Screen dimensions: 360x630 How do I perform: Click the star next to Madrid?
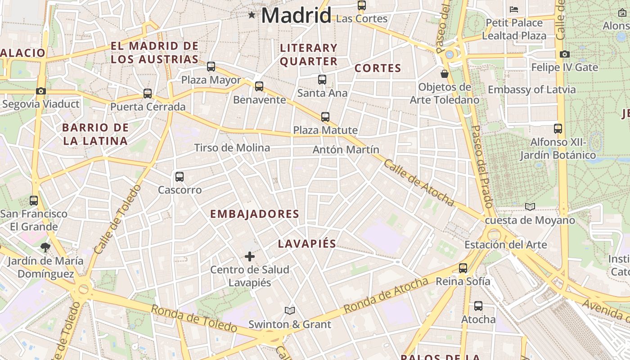click(x=252, y=15)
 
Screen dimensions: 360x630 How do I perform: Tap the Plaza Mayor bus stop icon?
click(x=211, y=67)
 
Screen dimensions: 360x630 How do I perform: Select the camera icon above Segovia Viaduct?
click(x=41, y=91)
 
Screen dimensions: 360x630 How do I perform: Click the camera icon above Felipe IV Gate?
click(x=565, y=54)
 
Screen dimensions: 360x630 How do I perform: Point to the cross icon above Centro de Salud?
click(x=250, y=256)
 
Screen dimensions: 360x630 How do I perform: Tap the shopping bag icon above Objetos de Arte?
click(x=445, y=73)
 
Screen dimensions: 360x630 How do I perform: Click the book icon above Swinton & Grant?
click(x=290, y=310)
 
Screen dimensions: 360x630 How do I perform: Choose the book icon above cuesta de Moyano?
click(x=530, y=207)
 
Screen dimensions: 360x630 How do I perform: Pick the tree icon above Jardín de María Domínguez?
click(x=45, y=247)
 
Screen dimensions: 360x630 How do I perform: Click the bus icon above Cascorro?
click(x=180, y=176)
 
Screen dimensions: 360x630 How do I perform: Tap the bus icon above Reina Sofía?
click(x=463, y=268)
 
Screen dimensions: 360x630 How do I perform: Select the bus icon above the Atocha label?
click(x=478, y=306)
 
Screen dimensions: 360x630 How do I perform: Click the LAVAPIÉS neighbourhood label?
click(x=307, y=244)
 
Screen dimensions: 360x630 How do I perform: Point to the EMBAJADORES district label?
click(x=255, y=214)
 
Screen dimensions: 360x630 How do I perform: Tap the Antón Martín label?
click(x=346, y=150)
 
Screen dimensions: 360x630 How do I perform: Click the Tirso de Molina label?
click(x=232, y=148)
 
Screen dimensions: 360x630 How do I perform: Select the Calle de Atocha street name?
click(x=418, y=182)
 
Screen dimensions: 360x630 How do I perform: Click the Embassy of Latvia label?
click(x=531, y=90)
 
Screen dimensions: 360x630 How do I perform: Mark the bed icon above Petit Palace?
click(x=514, y=9)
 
